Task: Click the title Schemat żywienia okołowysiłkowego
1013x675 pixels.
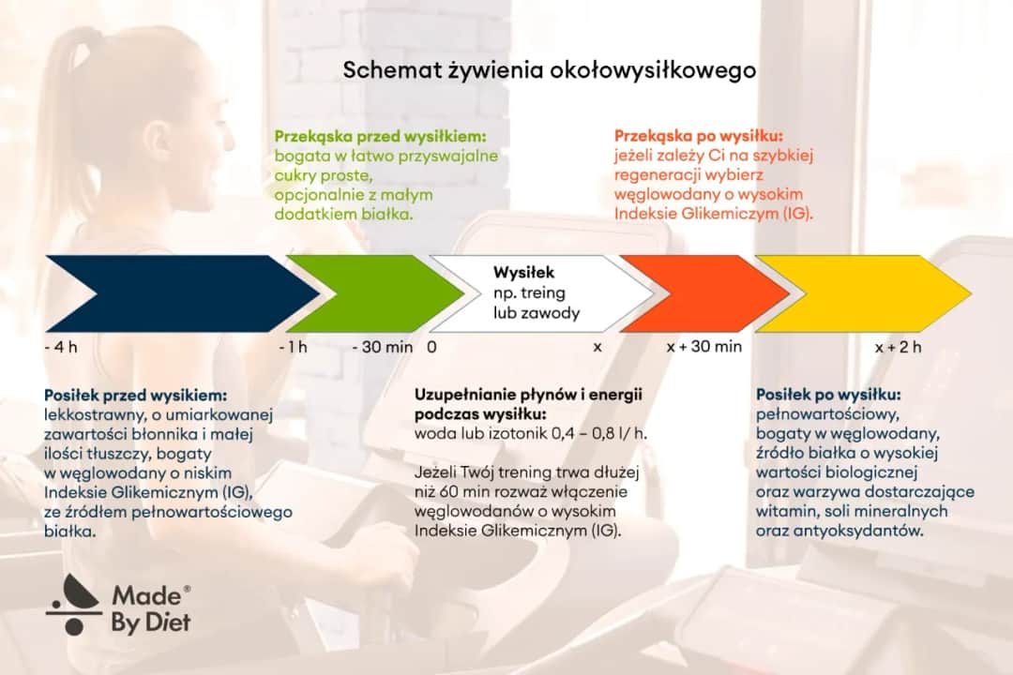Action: (549, 71)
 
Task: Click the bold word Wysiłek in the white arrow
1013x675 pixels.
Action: (524, 273)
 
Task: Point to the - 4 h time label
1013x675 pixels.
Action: (61, 347)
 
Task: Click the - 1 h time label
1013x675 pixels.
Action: (293, 347)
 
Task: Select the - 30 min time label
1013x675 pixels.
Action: (382, 347)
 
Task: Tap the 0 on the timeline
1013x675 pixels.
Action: (431, 347)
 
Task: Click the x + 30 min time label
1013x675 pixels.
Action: (703, 347)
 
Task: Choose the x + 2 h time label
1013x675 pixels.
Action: (898, 347)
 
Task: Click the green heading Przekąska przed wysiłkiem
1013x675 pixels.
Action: (380, 135)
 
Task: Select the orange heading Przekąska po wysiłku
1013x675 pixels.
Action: (698, 135)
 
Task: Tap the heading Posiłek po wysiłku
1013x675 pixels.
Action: (828, 395)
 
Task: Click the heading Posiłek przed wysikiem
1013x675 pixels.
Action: (136, 395)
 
